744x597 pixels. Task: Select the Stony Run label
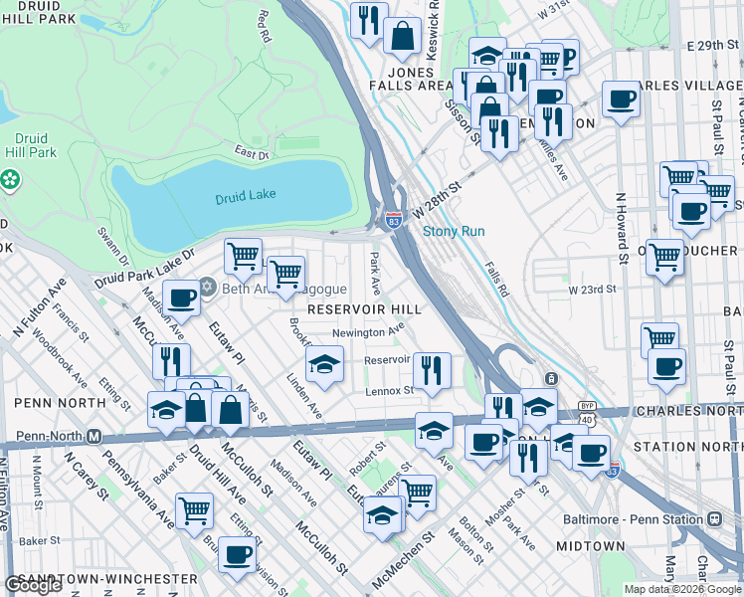454,231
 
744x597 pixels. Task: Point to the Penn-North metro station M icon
94,436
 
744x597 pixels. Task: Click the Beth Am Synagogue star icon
207,287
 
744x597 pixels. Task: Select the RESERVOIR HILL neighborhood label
364,309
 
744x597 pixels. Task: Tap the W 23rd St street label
593,289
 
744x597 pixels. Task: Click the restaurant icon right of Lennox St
432,371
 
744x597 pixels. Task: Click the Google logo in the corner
33,585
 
